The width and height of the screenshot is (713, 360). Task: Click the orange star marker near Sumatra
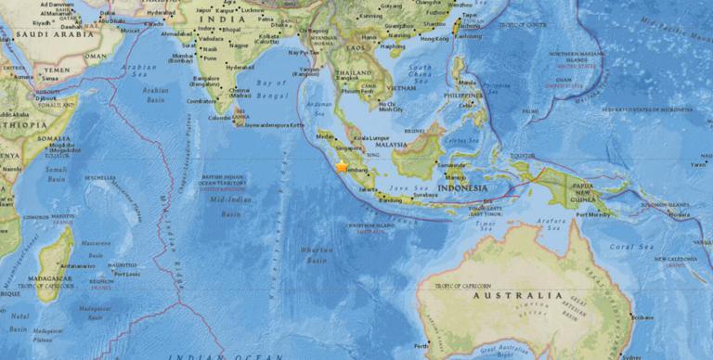(342, 166)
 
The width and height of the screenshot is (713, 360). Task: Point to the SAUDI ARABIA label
(42, 36)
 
